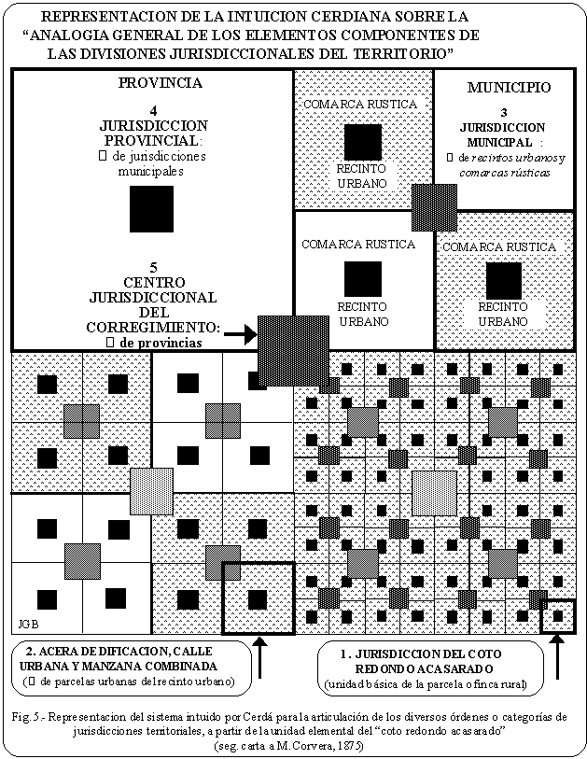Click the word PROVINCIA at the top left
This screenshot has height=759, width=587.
160,83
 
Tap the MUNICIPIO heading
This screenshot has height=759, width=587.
509,88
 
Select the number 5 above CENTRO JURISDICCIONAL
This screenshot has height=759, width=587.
152,265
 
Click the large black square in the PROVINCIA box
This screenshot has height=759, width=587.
151,208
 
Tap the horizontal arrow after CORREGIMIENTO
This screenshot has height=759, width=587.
239,331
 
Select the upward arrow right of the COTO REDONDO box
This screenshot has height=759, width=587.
558,658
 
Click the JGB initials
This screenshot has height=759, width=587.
27,623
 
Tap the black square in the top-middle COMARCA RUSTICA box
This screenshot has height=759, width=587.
362,142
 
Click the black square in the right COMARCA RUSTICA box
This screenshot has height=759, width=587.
503,280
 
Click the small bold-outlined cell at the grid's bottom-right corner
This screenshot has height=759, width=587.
558,615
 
